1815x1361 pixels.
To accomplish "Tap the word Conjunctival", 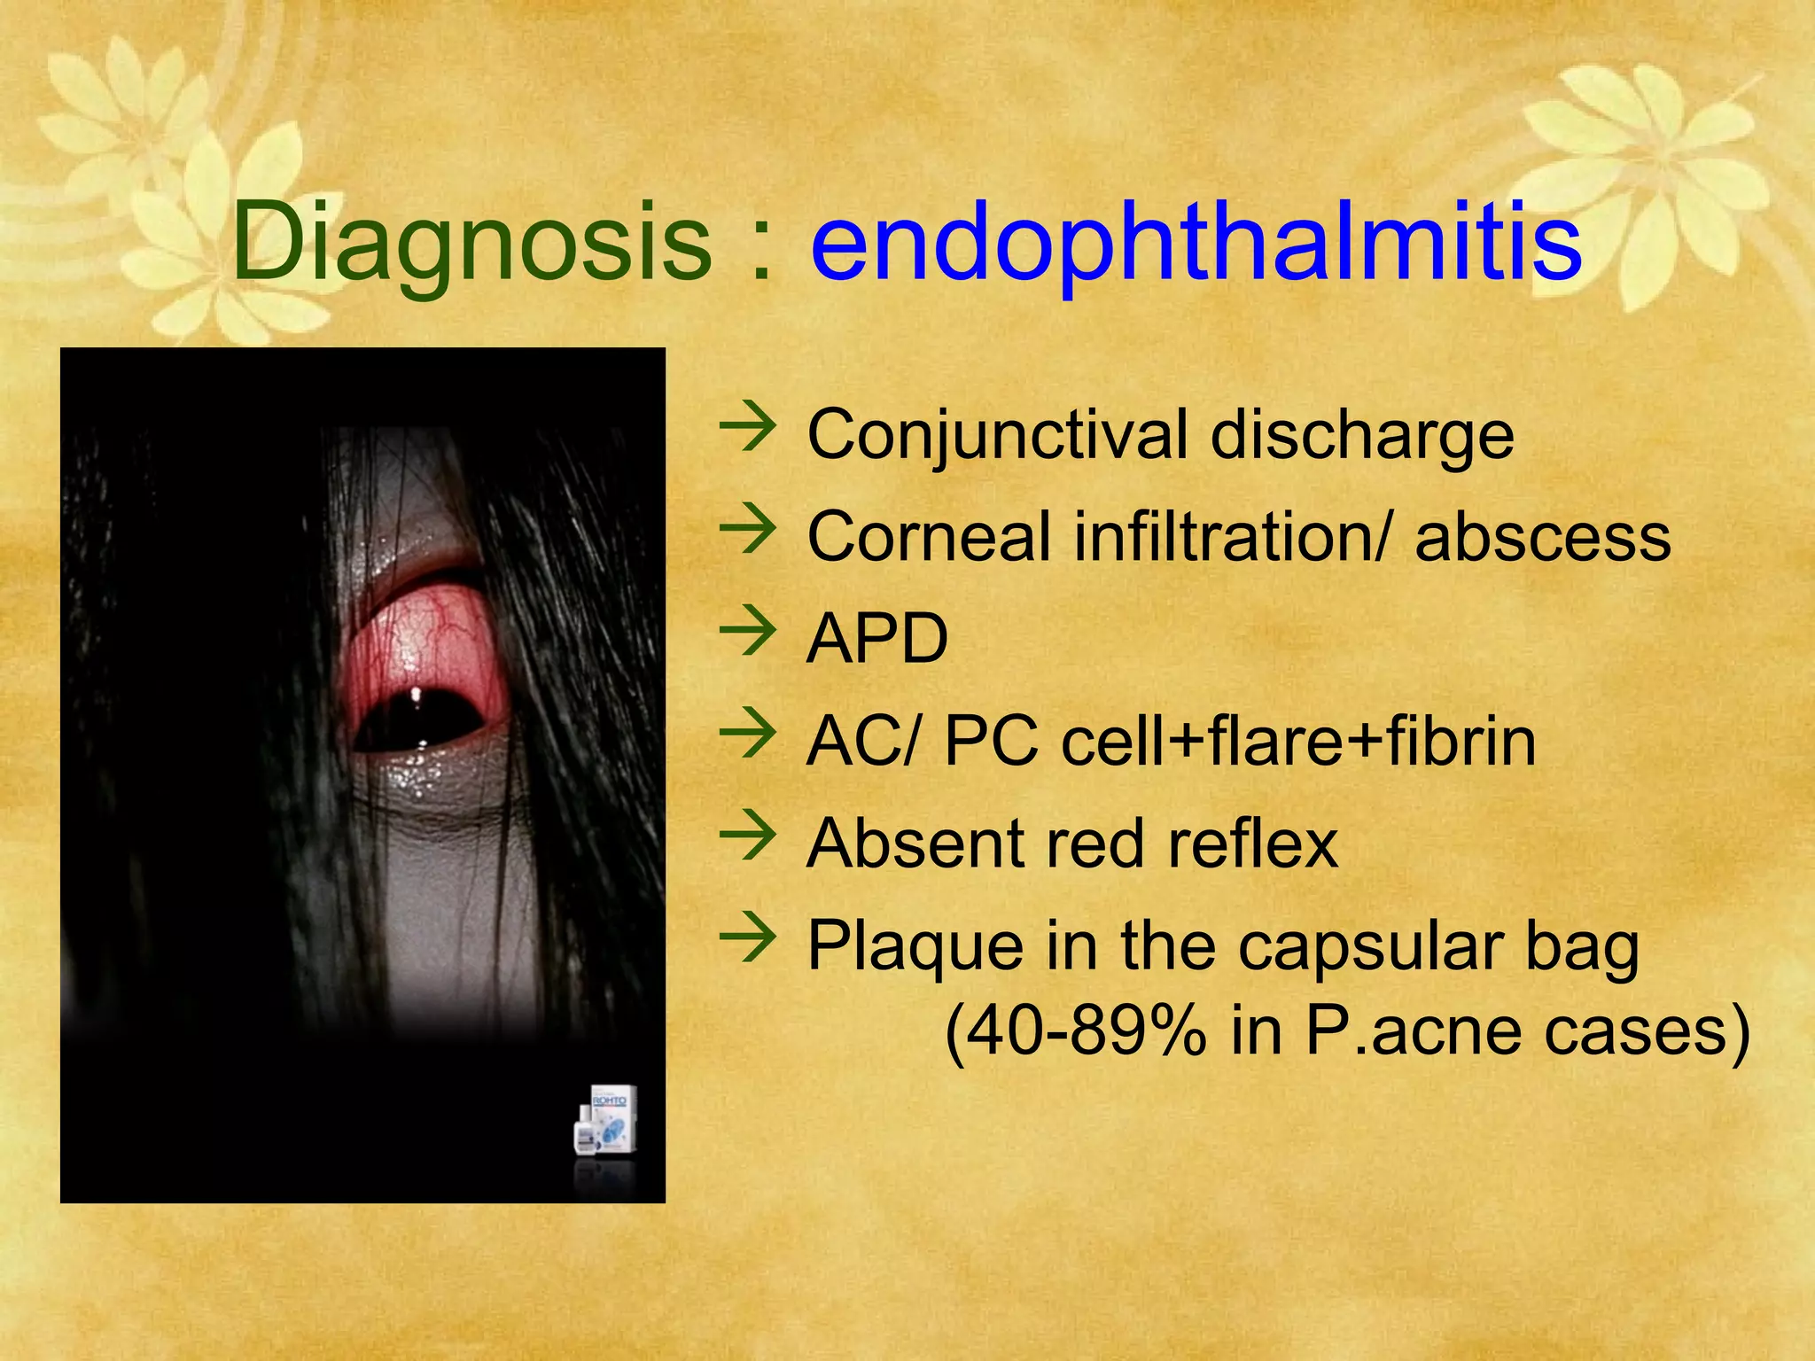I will pos(997,435).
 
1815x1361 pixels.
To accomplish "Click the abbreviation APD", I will pos(877,639).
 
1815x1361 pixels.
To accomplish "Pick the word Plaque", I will pos(914,947).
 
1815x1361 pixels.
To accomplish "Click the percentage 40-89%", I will pos(1076,1031).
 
